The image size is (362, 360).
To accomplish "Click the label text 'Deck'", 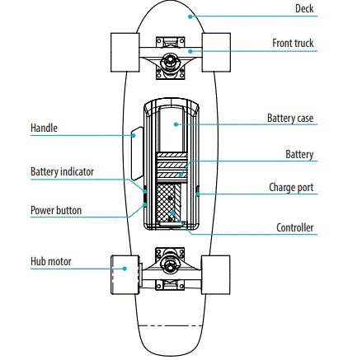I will (303, 11).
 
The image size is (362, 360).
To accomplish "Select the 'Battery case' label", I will (289, 119).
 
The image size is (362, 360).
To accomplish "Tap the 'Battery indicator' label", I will (62, 171).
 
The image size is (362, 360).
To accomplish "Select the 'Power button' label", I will (56, 210).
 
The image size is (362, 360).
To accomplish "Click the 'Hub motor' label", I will (51, 262).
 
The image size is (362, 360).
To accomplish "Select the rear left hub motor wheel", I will (125, 274).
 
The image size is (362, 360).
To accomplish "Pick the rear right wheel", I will (217, 273).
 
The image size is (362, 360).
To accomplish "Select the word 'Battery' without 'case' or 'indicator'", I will (299, 153).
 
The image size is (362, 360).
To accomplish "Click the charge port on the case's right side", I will (198, 190).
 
